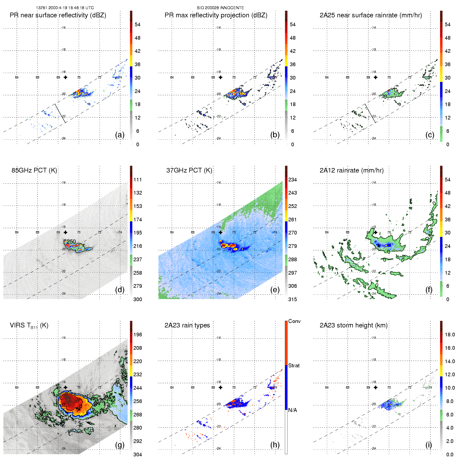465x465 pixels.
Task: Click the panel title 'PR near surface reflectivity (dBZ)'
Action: coord(58,15)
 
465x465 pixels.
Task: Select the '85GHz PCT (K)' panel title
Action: coord(34,170)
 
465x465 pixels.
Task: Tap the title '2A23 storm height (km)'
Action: coord(353,325)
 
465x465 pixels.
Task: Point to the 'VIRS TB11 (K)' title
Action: coord(29,326)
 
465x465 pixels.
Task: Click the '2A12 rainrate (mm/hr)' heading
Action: coord(352,170)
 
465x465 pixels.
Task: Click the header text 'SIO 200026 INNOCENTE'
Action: coord(220,8)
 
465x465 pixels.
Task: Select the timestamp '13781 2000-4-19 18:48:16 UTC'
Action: coord(65,8)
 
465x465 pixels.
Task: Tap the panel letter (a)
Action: coord(120,135)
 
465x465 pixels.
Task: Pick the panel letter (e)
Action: coord(275,290)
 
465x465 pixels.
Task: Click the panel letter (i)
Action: coord(429,445)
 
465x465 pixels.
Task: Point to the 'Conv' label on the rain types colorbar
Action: coord(294,321)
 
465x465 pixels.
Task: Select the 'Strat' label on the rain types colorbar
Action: coord(294,365)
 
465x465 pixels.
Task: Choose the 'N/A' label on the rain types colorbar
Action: coord(292,410)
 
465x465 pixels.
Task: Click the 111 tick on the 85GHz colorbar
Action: coord(138,180)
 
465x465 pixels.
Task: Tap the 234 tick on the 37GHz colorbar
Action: coord(292,180)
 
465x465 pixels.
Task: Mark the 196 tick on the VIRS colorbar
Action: coord(138,335)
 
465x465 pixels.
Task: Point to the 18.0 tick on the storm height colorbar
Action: coord(450,335)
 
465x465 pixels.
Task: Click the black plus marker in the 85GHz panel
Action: coord(65,232)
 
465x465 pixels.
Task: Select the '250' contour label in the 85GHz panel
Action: coord(71,241)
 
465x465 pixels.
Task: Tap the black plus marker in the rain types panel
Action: coord(221,388)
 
